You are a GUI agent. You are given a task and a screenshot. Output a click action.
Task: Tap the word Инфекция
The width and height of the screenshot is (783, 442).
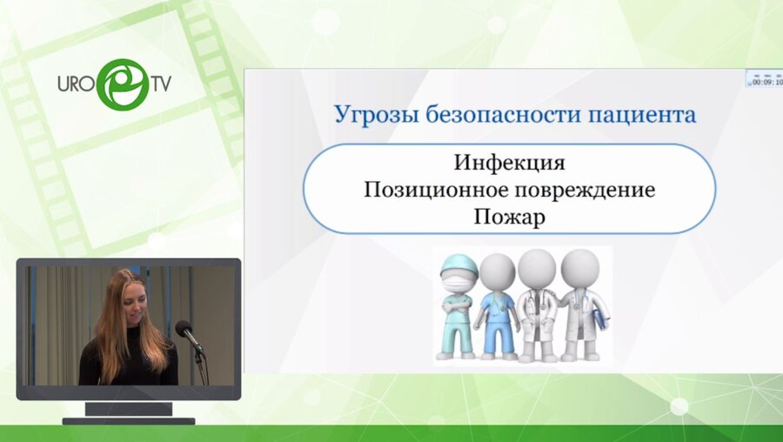509,163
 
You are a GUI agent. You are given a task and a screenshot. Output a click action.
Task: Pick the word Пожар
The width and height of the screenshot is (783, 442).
509,217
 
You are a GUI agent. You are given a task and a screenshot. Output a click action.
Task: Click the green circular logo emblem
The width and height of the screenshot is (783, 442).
121,84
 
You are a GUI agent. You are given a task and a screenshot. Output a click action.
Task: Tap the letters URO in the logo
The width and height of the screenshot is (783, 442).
77,85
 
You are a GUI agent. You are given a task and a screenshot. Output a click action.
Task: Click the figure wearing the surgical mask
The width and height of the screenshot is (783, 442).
458,305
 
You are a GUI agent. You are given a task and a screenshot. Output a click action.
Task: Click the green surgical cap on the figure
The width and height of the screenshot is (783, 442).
458,263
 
